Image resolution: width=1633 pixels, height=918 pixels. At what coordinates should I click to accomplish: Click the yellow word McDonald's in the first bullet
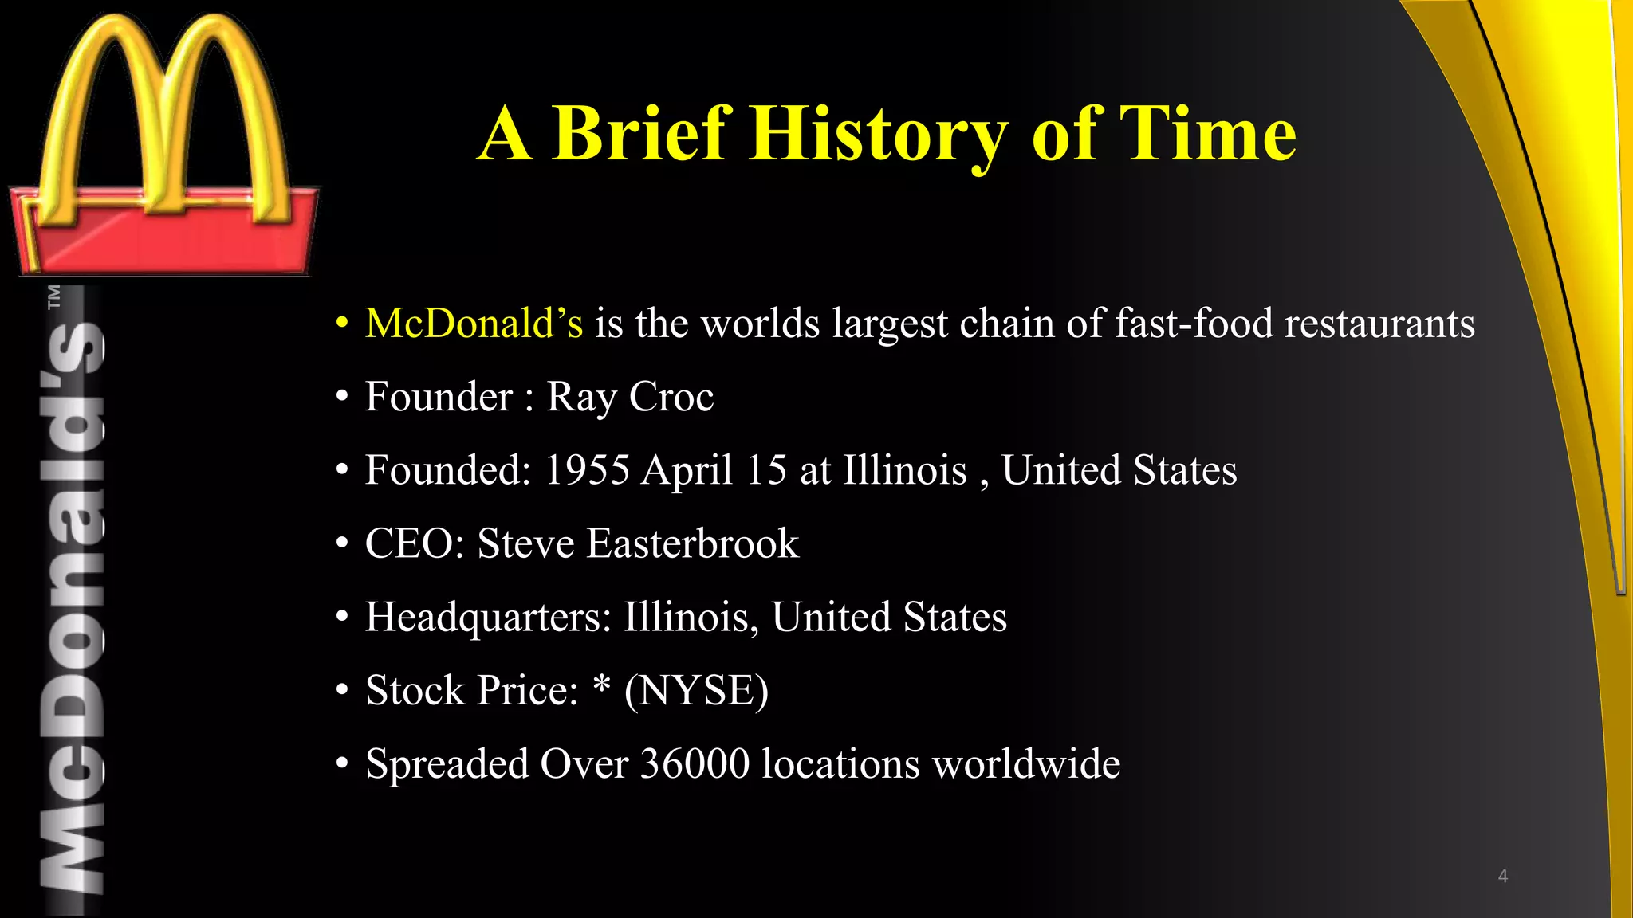(474, 324)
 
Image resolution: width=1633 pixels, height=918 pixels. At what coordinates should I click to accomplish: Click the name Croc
(671, 397)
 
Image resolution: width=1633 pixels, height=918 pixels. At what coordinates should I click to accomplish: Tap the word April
(687, 470)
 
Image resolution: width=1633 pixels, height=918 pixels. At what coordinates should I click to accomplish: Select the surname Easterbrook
(692, 543)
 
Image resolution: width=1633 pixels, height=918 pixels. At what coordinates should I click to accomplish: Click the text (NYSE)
(696, 690)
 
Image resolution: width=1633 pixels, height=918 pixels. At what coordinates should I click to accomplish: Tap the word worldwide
(1026, 763)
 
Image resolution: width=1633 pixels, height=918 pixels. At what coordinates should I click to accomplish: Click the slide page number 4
(1502, 877)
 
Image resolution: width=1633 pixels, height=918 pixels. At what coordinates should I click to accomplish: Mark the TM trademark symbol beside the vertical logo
(54, 296)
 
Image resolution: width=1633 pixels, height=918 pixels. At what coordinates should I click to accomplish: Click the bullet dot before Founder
(342, 397)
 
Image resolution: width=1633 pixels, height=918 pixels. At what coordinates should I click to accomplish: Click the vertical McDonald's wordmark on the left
(72, 606)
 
